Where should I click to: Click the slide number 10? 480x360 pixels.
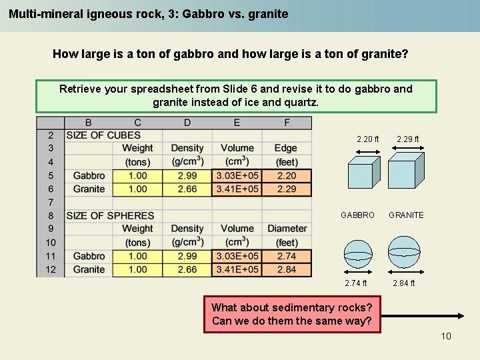446,335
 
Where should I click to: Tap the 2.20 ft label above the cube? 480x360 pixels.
367,139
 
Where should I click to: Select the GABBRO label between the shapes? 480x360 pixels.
357,215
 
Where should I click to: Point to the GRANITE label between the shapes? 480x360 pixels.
406,215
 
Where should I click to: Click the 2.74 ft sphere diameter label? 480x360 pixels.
356,283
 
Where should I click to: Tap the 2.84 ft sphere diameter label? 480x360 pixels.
404,283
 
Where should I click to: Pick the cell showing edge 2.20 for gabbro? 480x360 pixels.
287,175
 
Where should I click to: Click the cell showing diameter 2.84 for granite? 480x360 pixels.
287,269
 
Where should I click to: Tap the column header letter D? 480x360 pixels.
187,123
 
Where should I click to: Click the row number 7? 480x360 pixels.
51,202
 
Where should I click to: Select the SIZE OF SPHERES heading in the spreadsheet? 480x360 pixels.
110,215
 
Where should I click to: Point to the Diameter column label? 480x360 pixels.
287,229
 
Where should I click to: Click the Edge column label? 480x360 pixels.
287,148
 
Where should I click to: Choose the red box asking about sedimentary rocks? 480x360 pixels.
292,314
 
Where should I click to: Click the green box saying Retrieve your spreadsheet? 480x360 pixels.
236,96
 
